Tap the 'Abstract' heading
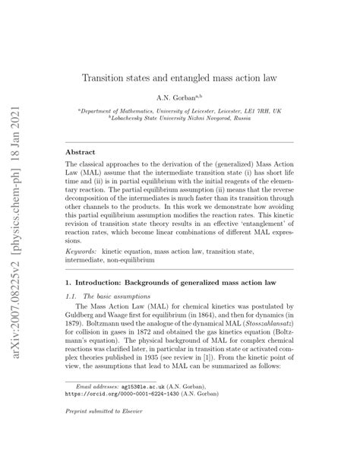(x=81, y=152)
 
